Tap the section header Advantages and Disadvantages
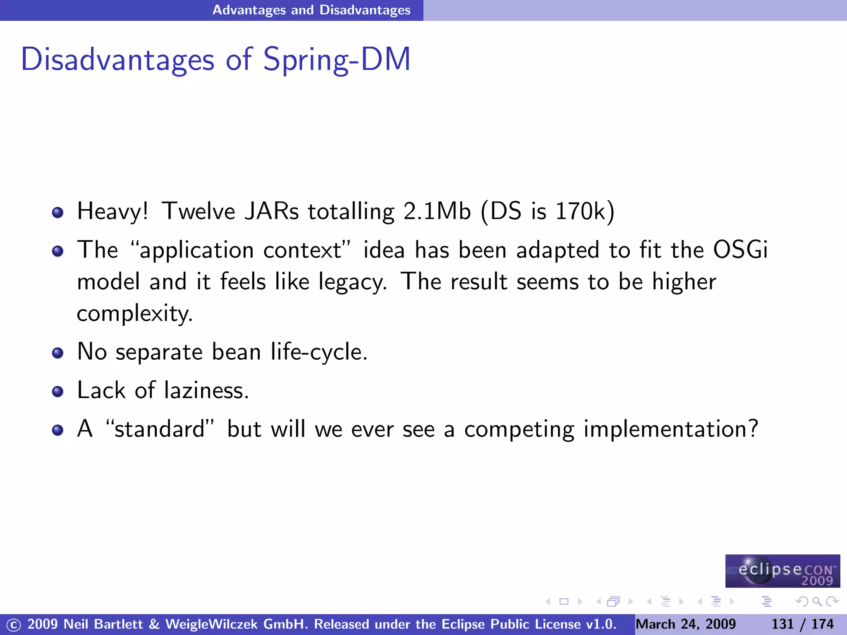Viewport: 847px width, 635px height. [311, 10]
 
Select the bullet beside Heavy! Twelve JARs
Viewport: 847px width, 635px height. [57, 213]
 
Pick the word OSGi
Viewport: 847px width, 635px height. [740, 250]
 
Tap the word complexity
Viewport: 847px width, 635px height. [134, 313]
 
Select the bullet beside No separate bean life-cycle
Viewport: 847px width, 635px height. [57, 353]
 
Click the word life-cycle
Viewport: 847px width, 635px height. [319, 352]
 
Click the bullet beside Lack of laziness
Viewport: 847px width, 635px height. [57, 392]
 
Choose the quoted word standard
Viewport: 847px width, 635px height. [160, 429]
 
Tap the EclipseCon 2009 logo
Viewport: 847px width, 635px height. [782, 571]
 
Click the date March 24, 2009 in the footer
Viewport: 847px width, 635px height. [686, 624]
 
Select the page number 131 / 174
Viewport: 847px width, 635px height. [802, 624]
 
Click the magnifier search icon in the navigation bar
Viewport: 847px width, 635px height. [817, 602]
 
